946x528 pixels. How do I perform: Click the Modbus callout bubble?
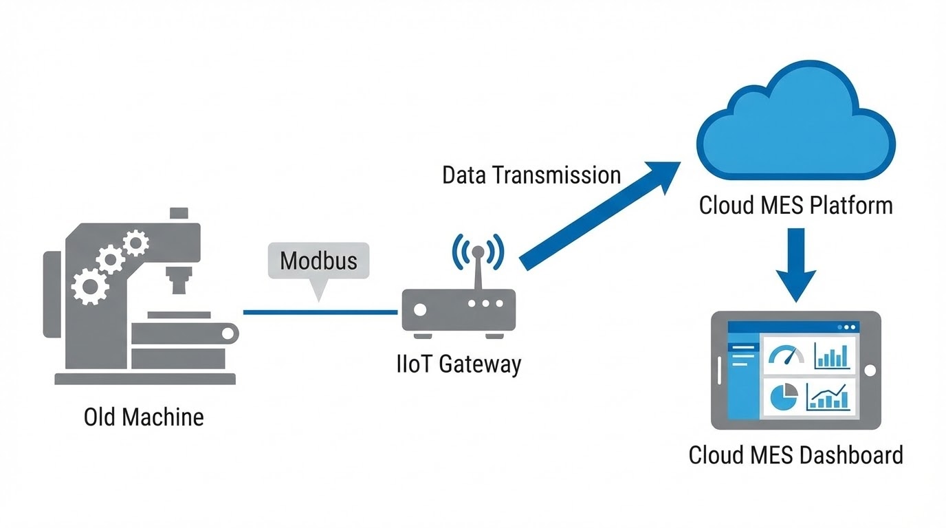318,261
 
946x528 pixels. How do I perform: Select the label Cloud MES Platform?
795,205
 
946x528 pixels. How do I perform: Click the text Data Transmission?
531,175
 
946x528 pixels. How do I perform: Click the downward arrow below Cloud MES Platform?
795,265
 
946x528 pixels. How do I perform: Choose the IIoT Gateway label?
459,364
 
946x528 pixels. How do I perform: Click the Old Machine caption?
144,417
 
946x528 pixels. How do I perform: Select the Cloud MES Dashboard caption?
795,455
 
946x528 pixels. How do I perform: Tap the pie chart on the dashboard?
784,397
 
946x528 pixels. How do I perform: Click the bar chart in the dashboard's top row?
831,355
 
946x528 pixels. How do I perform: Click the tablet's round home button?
870,371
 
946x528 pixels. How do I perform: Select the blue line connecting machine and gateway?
320,312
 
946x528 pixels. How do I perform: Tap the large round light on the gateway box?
419,309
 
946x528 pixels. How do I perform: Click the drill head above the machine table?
178,280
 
